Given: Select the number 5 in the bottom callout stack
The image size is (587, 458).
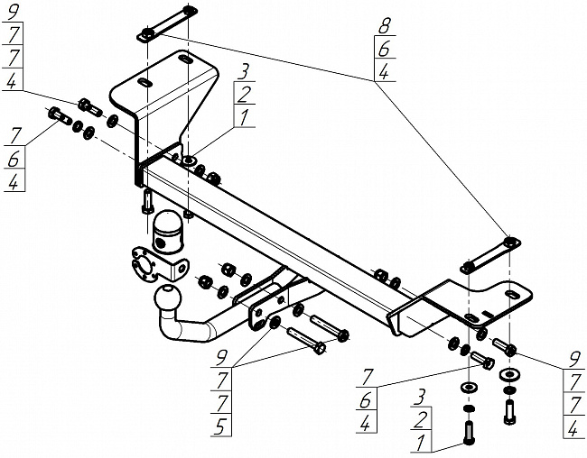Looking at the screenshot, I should coord(219,426).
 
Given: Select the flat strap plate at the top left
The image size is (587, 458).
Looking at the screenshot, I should coord(168,23).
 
